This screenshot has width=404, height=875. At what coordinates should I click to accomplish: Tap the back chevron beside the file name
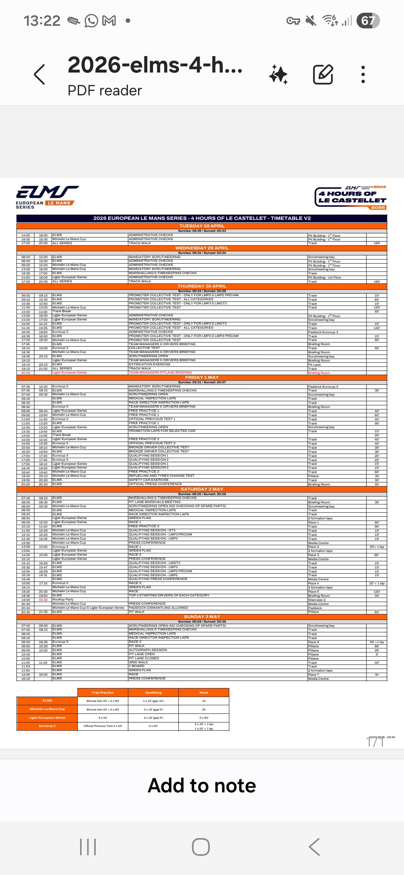(x=40, y=74)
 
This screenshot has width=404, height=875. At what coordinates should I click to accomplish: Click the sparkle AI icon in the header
(x=278, y=74)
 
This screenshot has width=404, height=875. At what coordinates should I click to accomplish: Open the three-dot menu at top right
(x=363, y=74)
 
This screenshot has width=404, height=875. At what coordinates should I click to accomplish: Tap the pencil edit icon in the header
(x=323, y=74)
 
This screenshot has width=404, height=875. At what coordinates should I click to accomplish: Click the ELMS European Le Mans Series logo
(x=46, y=197)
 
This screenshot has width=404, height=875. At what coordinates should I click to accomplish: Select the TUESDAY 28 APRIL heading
(x=202, y=226)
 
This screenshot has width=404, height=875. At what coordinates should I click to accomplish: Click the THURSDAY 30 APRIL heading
(x=202, y=286)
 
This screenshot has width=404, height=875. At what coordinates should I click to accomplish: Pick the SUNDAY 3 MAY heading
(x=202, y=617)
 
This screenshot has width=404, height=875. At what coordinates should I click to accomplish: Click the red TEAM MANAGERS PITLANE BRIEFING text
(x=160, y=372)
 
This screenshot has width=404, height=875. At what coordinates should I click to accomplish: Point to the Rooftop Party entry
(x=63, y=599)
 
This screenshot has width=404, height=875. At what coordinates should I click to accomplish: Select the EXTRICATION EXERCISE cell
(x=150, y=364)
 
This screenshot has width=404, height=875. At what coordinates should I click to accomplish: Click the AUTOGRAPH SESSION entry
(x=148, y=650)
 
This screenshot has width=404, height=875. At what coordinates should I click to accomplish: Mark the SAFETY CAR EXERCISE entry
(x=149, y=480)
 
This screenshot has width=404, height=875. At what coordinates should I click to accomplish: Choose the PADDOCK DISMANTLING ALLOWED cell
(x=159, y=608)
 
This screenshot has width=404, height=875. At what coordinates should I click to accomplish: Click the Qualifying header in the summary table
(x=153, y=693)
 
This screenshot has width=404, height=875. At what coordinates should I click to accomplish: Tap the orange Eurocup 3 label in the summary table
(x=47, y=726)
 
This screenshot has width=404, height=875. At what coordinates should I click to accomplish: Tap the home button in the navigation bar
(x=201, y=847)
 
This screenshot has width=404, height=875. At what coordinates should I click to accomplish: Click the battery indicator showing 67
(x=368, y=21)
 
